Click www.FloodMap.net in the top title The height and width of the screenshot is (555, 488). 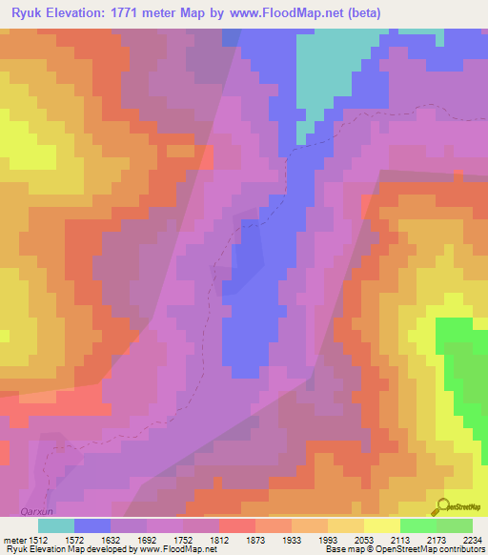301,12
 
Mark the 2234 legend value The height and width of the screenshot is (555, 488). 473,539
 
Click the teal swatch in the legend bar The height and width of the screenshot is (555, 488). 55,525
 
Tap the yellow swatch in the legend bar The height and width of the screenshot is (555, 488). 381,525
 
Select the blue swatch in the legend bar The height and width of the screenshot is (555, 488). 91,525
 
